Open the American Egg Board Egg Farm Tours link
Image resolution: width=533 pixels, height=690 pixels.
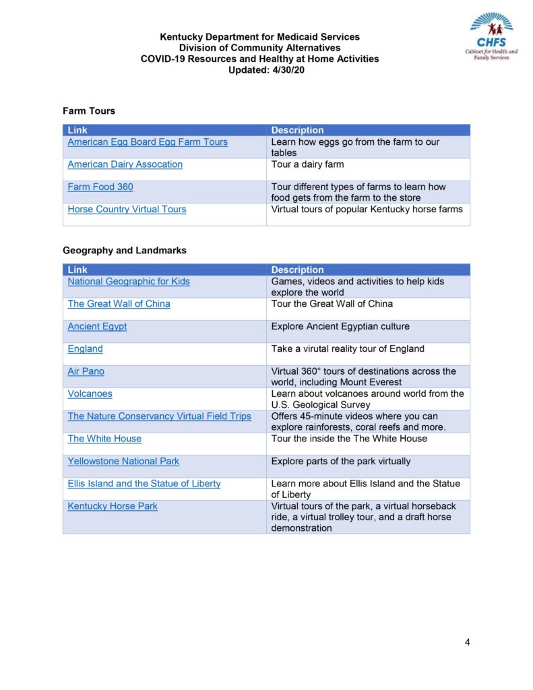pyautogui.click(x=148, y=142)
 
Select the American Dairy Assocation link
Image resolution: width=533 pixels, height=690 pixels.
pyautogui.click(x=125, y=164)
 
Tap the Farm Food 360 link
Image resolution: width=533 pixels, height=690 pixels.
pyautogui.click(x=100, y=187)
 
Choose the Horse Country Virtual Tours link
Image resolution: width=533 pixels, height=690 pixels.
pyautogui.click(x=127, y=210)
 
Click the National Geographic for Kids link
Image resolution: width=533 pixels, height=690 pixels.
pyautogui.click(x=129, y=282)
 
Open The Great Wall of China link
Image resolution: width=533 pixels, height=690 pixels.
pyautogui.click(x=119, y=304)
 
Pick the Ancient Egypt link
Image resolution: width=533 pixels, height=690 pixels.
pyautogui.click(x=97, y=327)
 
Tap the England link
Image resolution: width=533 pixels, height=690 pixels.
pyautogui.click(x=85, y=349)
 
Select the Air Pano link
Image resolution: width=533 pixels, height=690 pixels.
pyautogui.click(x=86, y=371)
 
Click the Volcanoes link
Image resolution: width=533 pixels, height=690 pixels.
pyautogui.click(x=90, y=394)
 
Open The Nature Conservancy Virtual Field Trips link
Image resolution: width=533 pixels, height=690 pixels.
pyautogui.click(x=159, y=416)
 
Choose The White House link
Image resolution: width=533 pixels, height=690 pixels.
pyautogui.click(x=104, y=439)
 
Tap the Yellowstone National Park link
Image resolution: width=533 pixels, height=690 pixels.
pyautogui.click(x=123, y=462)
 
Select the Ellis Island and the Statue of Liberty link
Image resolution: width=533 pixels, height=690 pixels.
pyautogui.click(x=144, y=484)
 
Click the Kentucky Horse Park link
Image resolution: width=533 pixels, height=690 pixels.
pyautogui.click(x=113, y=506)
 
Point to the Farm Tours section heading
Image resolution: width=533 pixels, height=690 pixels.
pyautogui.click(x=89, y=111)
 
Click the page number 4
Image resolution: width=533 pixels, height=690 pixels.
pyautogui.click(x=467, y=641)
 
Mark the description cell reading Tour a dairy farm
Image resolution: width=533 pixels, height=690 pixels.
pyautogui.click(x=307, y=164)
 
